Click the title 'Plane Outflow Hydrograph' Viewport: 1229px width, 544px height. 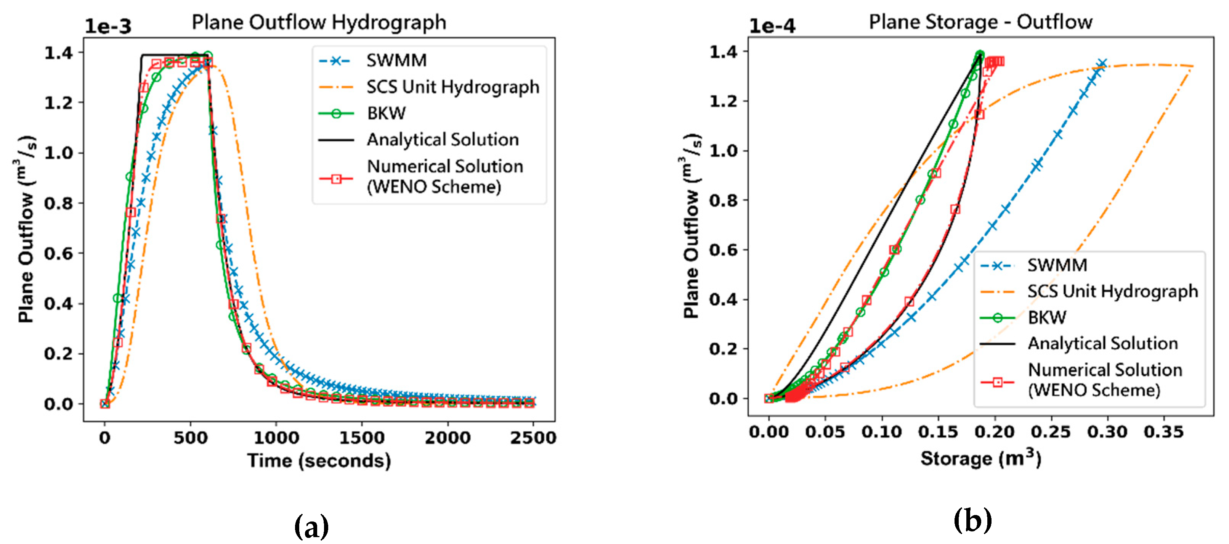[x=319, y=22]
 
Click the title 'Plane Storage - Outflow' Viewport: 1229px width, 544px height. [x=980, y=22]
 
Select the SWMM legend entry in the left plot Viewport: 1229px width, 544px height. [x=396, y=61]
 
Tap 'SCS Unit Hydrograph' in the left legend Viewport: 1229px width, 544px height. [x=452, y=87]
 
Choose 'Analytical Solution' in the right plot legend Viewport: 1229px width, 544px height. [x=1102, y=343]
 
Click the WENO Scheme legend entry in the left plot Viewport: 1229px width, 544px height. [x=444, y=176]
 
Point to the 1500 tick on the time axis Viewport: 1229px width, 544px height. [x=362, y=437]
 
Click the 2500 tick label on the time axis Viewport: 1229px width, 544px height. [x=533, y=437]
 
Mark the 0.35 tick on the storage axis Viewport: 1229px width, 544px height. [x=1164, y=432]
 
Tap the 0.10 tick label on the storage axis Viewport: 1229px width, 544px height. [x=882, y=432]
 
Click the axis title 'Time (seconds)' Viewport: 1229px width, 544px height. [x=319, y=460]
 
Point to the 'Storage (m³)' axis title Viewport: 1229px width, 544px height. [x=980, y=458]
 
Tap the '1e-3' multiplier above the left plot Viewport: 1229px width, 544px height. [x=108, y=26]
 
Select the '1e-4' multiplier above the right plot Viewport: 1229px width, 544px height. [x=772, y=26]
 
